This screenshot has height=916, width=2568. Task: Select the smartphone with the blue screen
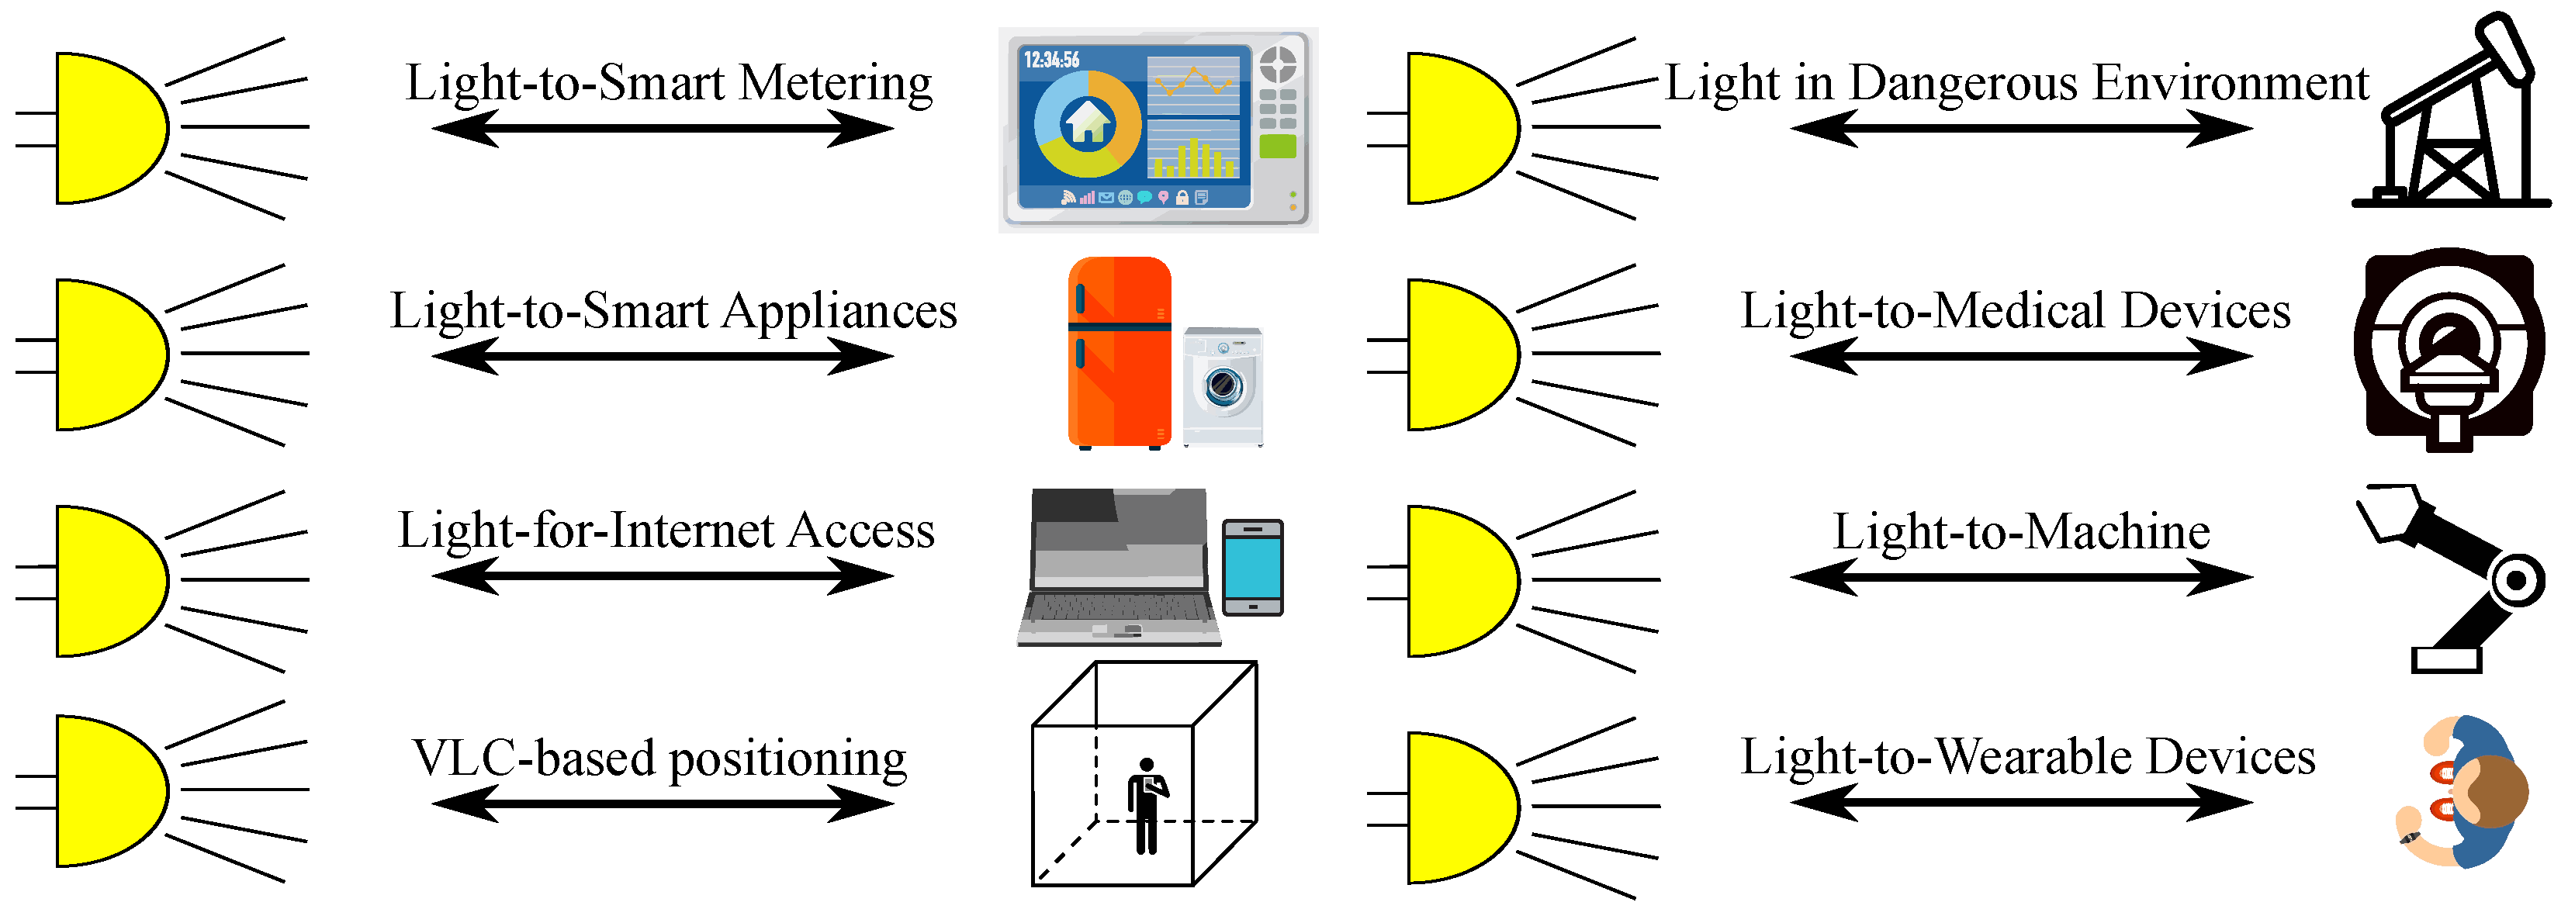pos(1252,567)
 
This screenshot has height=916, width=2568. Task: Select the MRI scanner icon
pos(2449,349)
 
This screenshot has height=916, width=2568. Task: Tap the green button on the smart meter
pos(1277,147)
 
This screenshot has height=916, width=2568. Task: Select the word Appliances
pos(839,311)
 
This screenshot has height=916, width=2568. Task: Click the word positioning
pos(787,759)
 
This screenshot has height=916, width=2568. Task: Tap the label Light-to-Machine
pos(2021,532)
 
